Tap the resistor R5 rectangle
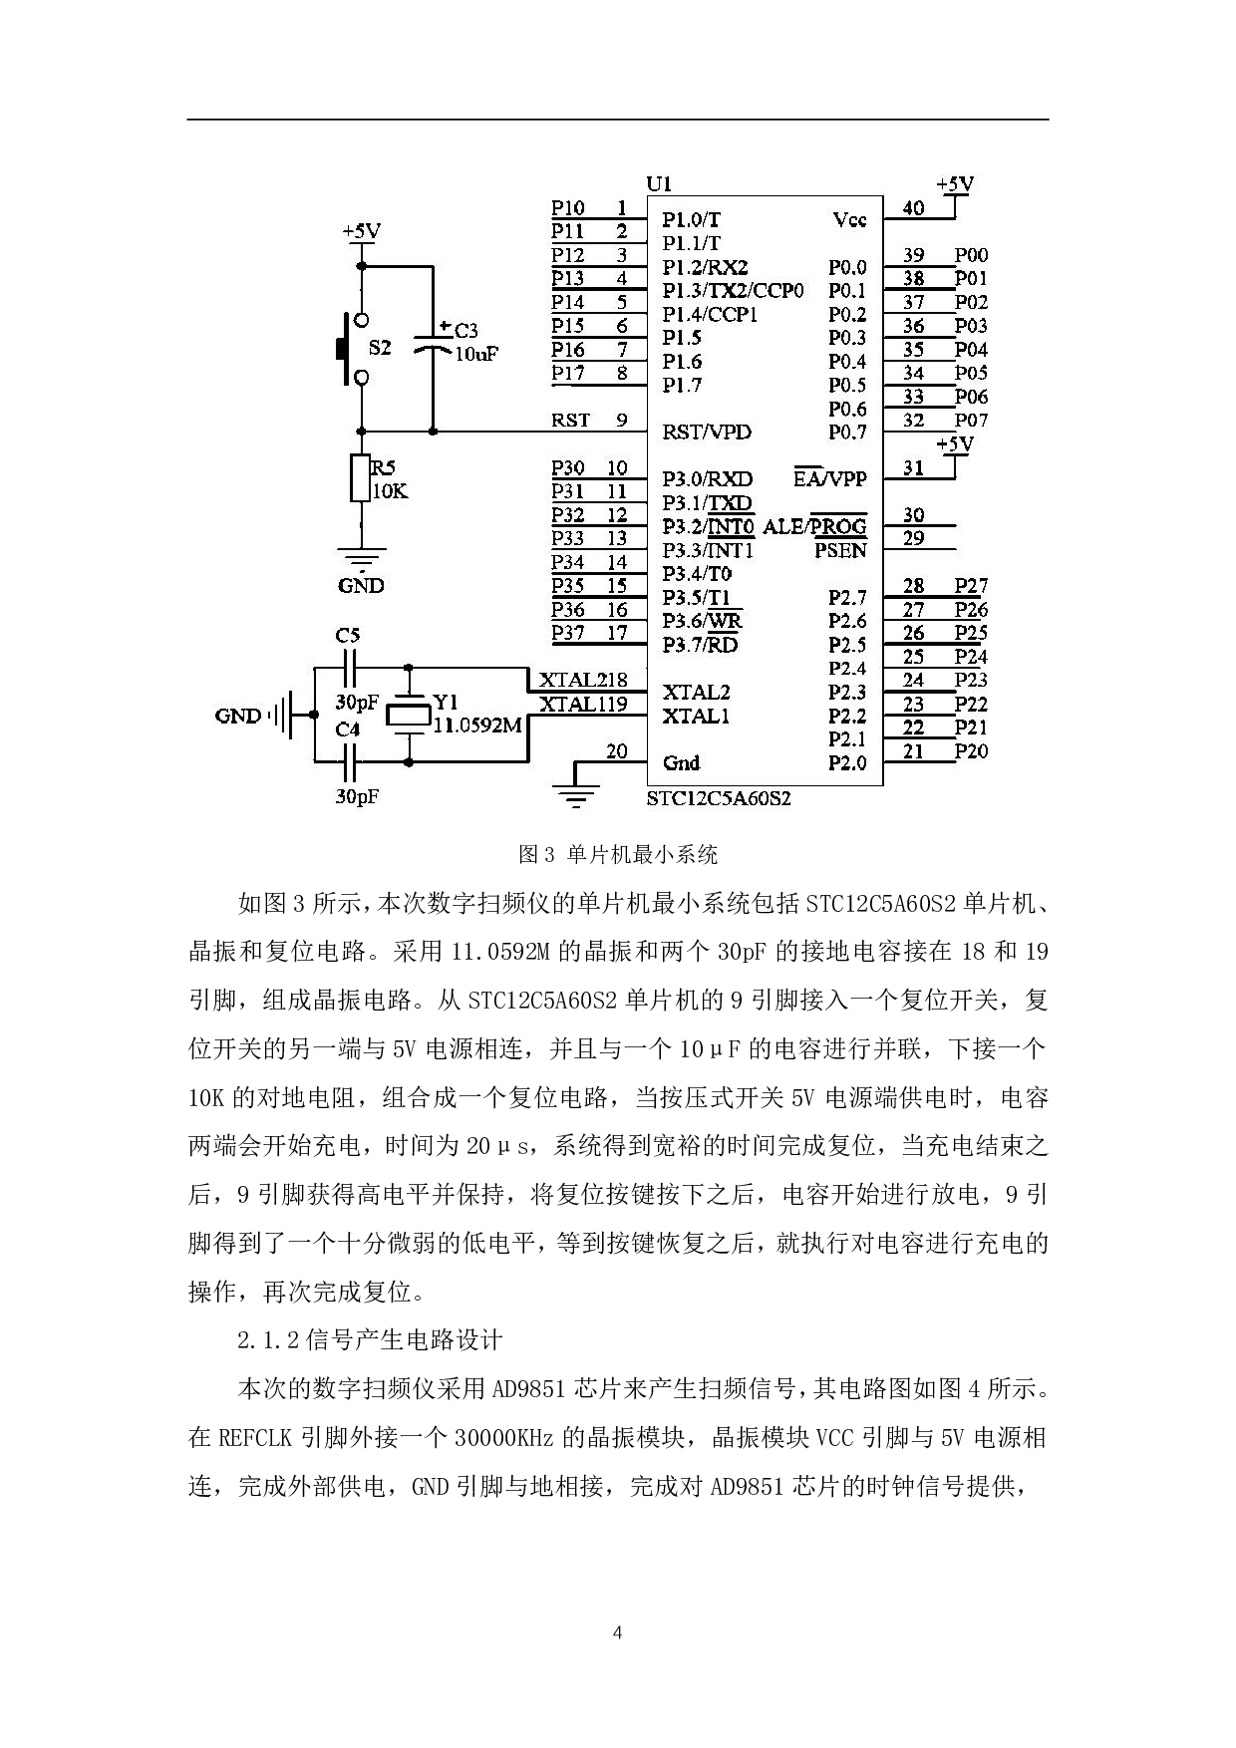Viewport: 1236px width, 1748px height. [361, 478]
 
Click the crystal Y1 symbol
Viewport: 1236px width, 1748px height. [409, 715]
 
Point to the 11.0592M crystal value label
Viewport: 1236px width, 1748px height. [477, 726]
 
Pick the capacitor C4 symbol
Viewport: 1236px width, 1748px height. [348, 763]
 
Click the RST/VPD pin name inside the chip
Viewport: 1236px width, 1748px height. [707, 433]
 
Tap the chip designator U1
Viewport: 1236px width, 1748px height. [659, 183]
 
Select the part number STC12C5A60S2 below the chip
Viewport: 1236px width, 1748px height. [719, 798]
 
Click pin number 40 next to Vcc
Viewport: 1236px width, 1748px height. [913, 208]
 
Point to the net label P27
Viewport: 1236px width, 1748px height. [970, 586]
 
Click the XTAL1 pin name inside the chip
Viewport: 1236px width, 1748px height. [696, 717]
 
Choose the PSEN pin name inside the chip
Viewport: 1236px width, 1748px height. [840, 550]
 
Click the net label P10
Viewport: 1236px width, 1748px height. [568, 208]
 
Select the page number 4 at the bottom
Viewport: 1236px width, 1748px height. [618, 1633]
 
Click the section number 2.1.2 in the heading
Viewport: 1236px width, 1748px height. [267, 1340]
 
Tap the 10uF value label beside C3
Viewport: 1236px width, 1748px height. [475, 354]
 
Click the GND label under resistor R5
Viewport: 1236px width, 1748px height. [361, 586]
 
